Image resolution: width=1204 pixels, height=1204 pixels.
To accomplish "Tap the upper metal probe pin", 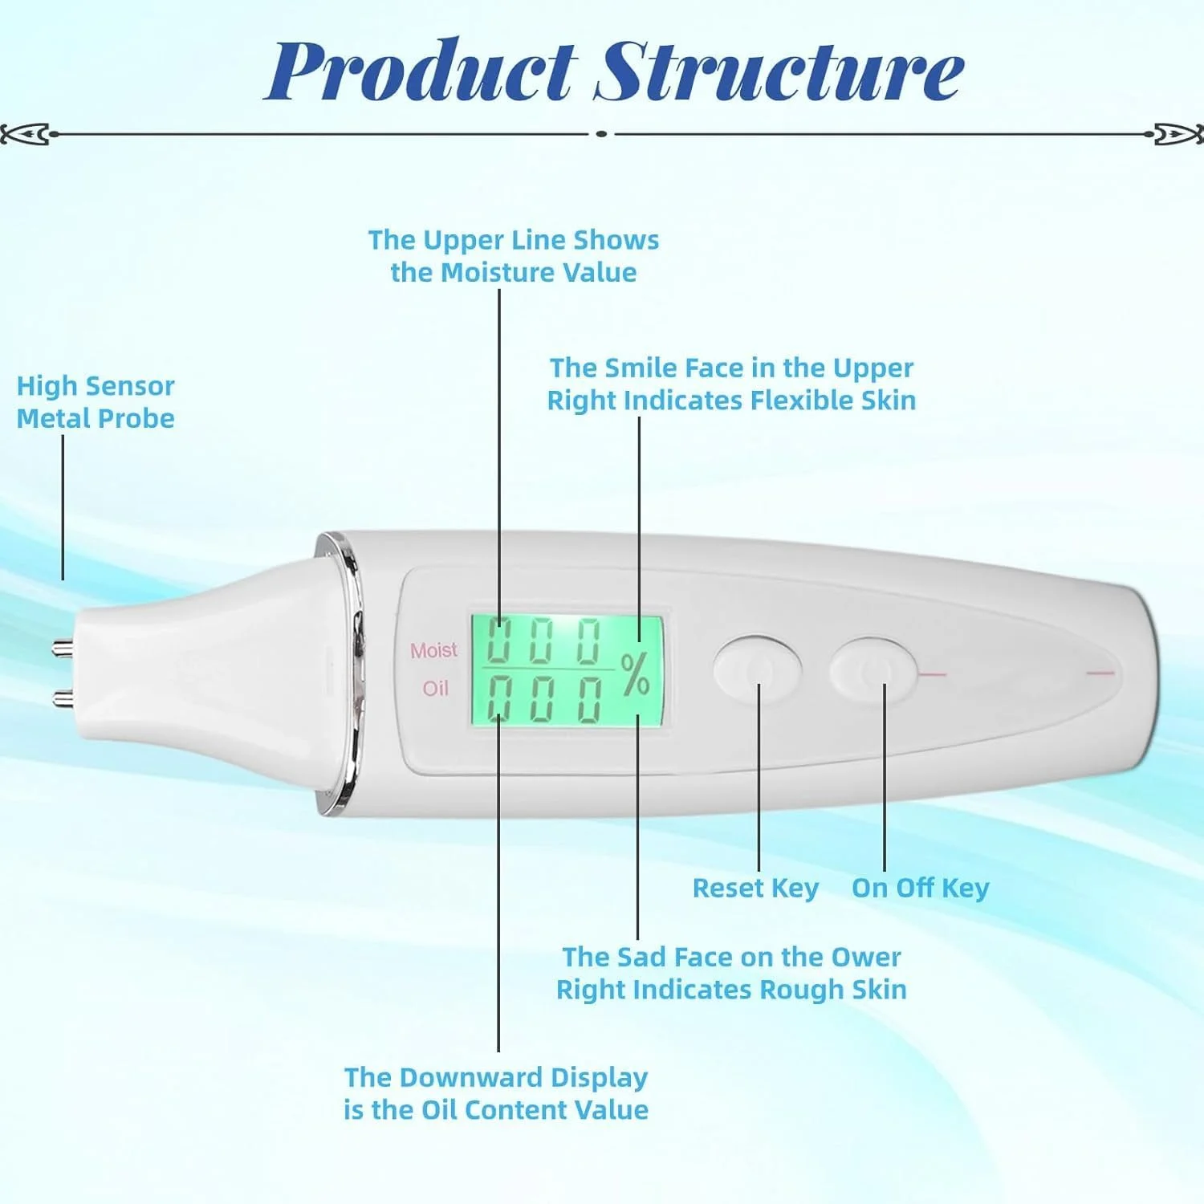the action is point(62,646).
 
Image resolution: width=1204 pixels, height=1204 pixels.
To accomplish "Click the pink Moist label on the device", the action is point(433,649).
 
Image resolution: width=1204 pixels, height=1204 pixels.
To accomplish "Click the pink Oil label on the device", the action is point(435,688).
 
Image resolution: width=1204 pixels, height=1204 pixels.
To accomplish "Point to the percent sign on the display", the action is point(635,674).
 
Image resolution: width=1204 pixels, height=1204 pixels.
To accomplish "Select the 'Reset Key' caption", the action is point(755,888).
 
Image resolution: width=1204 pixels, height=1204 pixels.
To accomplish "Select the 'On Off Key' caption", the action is point(920,888).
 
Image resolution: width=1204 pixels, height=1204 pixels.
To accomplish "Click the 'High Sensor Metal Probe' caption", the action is point(96,401).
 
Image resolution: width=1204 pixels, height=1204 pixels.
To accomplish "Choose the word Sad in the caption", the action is point(643,957).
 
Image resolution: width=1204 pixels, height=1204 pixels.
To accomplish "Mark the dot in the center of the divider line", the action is point(601,134).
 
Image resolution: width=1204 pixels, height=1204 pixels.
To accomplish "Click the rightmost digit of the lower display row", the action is point(590,698).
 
